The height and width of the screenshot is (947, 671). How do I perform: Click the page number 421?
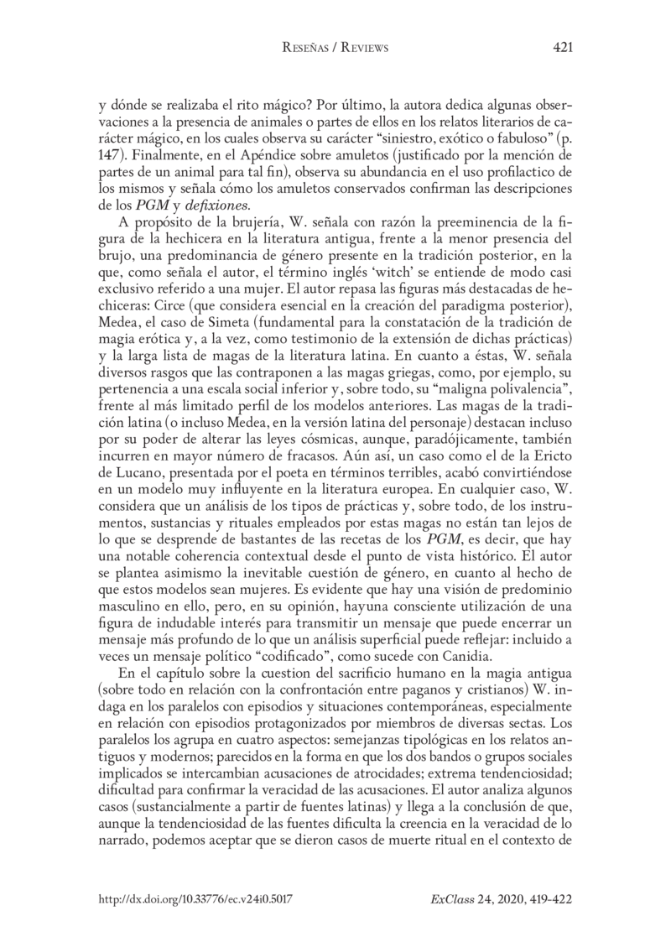click(563, 48)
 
